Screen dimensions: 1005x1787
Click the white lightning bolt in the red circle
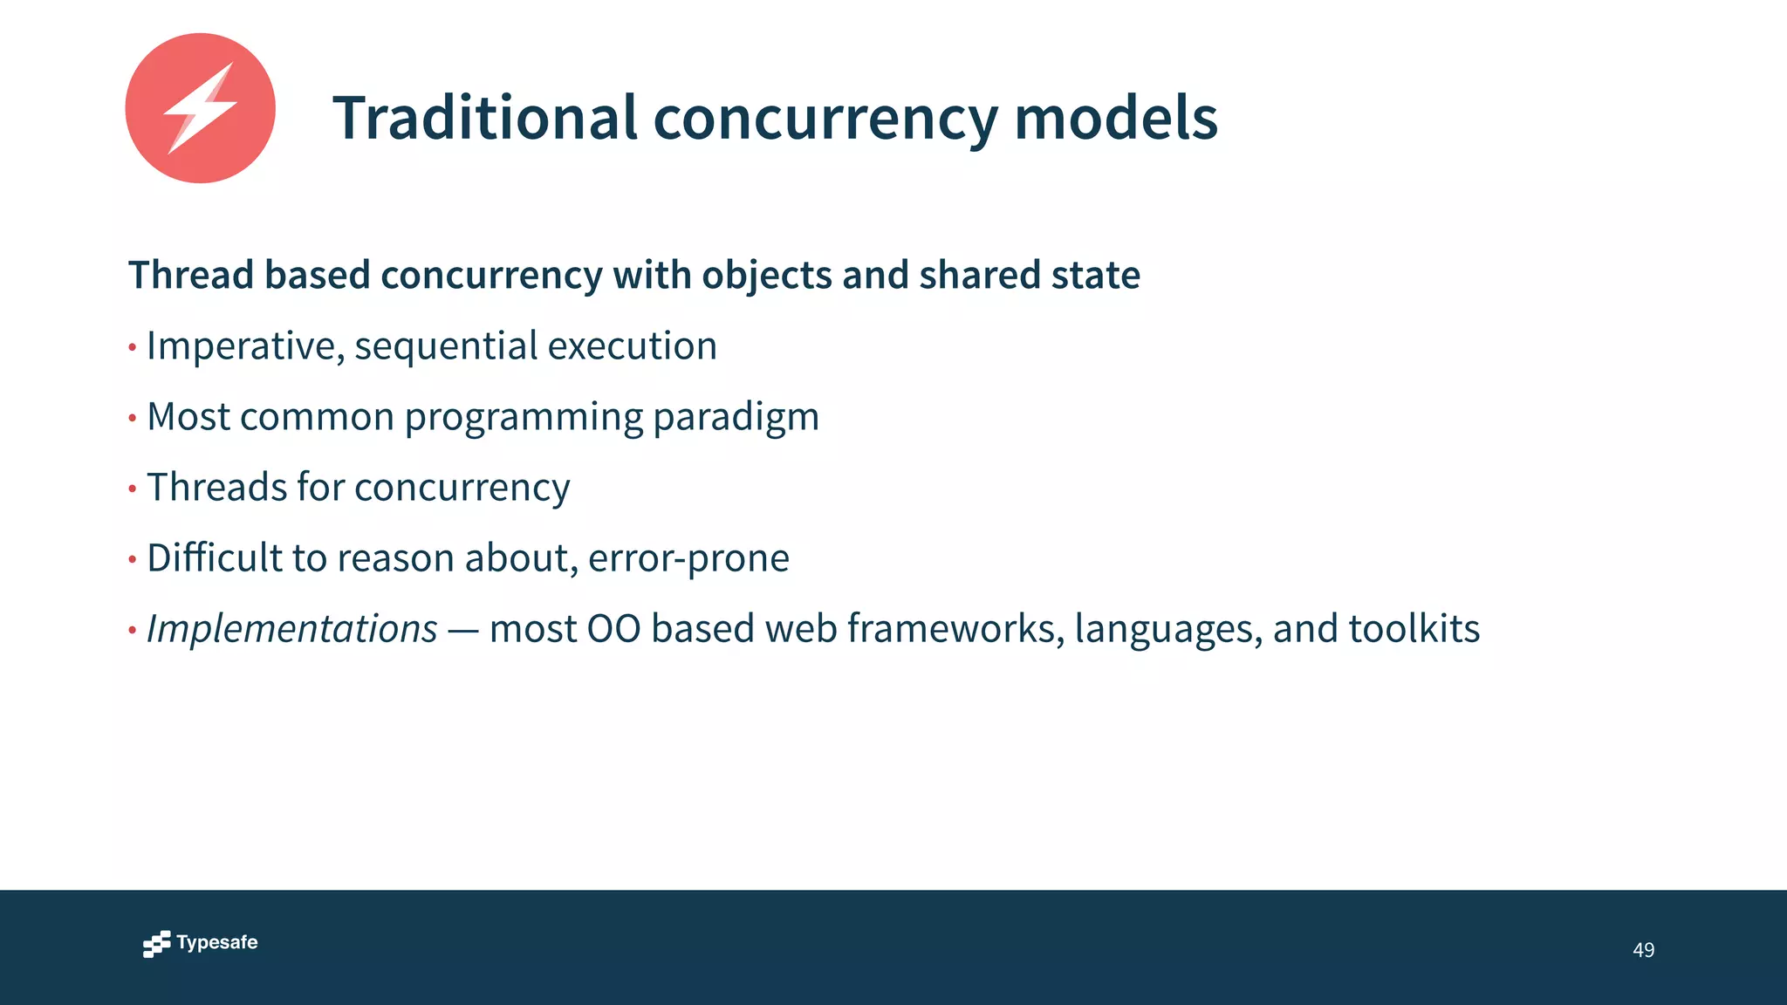click(200, 108)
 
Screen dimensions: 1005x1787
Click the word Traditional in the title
click(485, 118)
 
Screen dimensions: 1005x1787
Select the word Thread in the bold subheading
click(191, 275)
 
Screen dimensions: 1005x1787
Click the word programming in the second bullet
click(524, 417)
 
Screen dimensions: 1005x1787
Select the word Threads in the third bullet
click(215, 487)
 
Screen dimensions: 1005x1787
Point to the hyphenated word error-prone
click(688, 558)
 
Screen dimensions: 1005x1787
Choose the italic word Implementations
click(291, 629)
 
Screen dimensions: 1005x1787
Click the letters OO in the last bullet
click(613, 629)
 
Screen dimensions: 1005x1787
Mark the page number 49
click(1643, 950)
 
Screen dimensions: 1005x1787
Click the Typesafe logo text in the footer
click(216, 942)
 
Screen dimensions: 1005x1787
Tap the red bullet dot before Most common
click(133, 419)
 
